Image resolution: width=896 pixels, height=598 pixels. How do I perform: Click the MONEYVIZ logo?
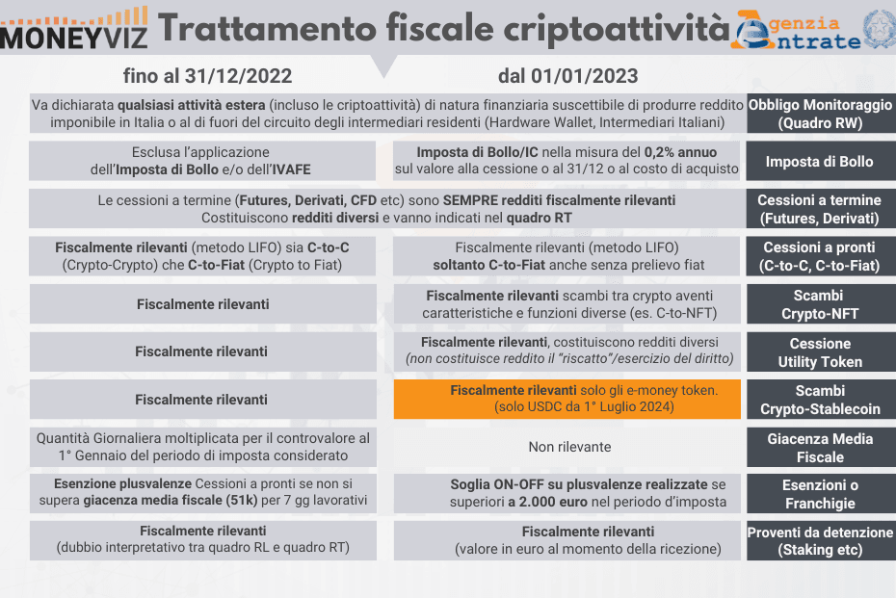click(75, 29)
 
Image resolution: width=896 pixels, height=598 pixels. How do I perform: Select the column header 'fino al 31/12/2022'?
click(207, 76)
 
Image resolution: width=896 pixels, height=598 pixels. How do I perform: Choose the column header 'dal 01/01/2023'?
click(567, 76)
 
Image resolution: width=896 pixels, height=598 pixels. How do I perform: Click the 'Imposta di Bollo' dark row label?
click(820, 162)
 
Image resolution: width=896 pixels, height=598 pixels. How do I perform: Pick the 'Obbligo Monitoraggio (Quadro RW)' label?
click(820, 115)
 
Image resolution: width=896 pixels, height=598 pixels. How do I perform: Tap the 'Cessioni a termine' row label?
click(820, 209)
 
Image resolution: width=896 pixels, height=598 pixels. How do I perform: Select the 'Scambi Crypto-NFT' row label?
click(820, 304)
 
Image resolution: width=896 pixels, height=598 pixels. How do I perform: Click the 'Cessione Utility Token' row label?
click(820, 352)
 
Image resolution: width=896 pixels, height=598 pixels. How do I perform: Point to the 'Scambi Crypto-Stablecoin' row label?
click(820, 400)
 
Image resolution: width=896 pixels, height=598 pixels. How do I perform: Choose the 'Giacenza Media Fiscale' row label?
click(820, 448)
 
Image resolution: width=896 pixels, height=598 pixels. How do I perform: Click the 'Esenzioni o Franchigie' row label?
click(820, 494)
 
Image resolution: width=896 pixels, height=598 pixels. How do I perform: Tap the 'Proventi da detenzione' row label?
click(820, 541)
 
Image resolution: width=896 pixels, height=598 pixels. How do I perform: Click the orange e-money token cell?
click(567, 399)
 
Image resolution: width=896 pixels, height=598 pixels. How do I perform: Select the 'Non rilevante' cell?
click(567, 447)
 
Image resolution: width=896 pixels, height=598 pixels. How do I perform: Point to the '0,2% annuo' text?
click(681, 152)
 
